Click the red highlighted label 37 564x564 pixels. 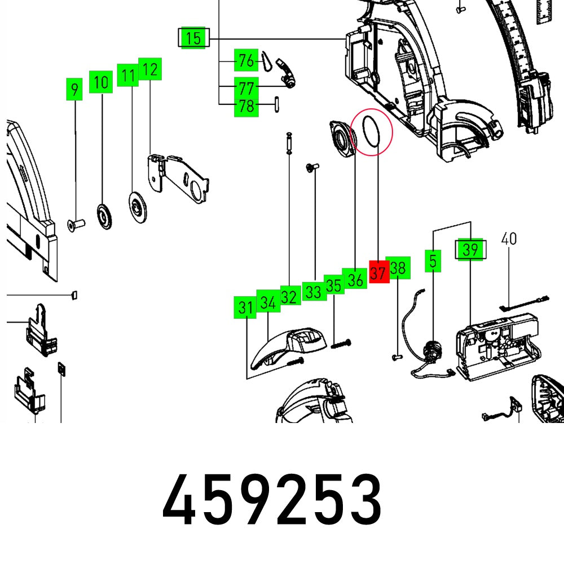378,274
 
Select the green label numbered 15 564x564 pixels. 193,39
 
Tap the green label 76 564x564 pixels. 246,60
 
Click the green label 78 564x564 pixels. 246,105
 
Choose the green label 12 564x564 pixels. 150,70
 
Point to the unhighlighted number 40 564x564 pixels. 509,239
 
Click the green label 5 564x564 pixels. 433,261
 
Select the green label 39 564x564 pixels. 470,249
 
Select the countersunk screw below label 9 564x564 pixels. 75,225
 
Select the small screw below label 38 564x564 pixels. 395,357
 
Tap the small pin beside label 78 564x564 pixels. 277,105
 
